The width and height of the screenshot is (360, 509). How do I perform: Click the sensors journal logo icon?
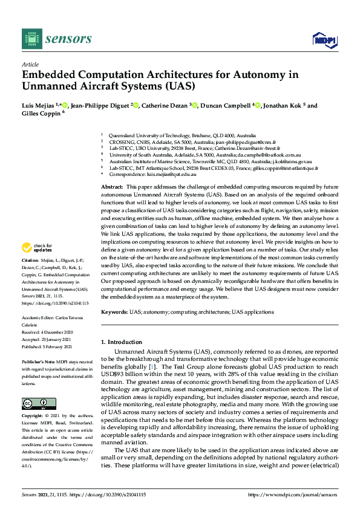pos(30,39)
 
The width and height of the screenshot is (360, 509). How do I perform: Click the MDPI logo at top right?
pos(324,40)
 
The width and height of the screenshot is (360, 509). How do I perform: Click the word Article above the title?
pos(30,64)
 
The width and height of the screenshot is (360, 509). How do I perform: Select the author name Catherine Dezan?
pos(164,106)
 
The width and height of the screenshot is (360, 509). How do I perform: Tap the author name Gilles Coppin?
pos(41,114)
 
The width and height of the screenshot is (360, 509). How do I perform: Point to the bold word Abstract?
pos(111,188)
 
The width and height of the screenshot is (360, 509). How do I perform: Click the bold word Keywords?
pos(114,312)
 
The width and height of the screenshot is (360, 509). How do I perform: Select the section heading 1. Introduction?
pos(123,342)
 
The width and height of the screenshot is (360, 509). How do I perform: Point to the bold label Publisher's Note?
pos(38,361)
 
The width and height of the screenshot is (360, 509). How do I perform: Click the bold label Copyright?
pos(34,417)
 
